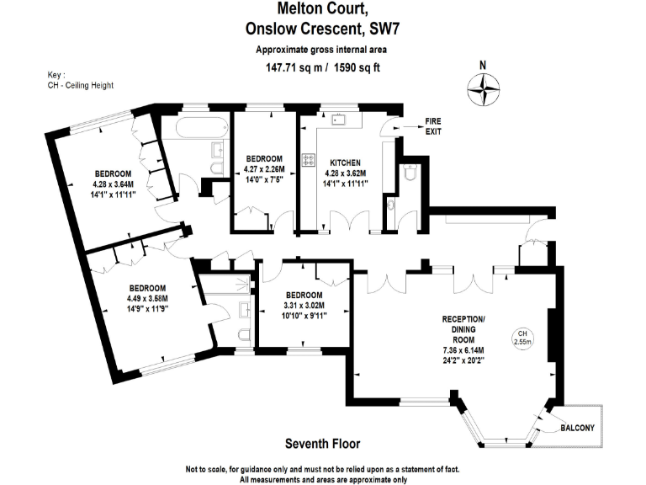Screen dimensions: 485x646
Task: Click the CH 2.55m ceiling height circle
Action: click(522, 338)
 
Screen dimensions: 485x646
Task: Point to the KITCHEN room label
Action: click(345, 163)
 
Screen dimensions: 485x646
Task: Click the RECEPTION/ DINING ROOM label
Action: click(463, 325)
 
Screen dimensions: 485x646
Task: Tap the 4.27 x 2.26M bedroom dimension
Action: click(264, 168)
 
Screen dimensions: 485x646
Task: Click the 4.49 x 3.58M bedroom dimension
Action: click(147, 298)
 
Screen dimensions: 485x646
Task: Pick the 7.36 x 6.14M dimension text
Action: click(463, 349)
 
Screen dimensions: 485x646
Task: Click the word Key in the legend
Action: click(56, 75)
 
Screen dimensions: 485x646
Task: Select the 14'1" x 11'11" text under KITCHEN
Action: click(345, 184)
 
